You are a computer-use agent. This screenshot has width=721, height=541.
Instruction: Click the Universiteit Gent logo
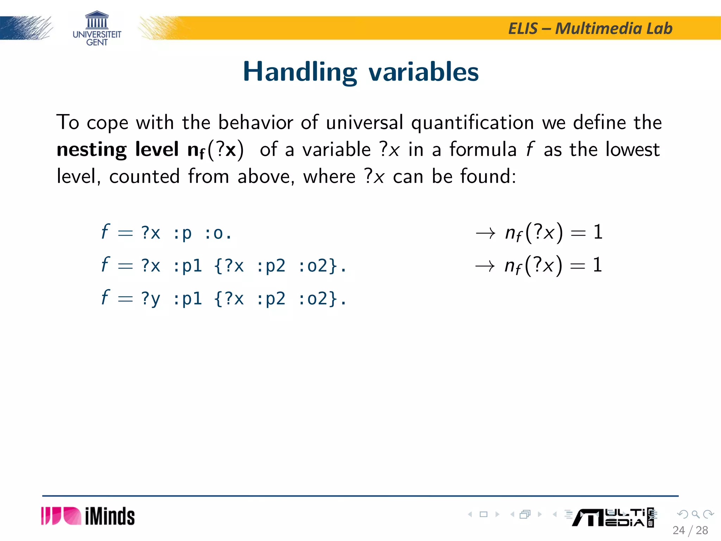[x=97, y=28]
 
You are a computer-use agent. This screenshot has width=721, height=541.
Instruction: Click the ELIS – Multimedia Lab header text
[x=590, y=29]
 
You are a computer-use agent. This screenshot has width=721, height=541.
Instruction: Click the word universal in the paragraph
[x=364, y=123]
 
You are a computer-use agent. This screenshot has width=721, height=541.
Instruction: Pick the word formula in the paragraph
[x=483, y=149]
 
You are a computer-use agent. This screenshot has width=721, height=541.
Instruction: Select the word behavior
[x=256, y=123]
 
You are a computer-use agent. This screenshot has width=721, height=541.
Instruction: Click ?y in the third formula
[x=151, y=299]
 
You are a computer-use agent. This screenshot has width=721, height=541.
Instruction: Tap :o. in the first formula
[x=218, y=233]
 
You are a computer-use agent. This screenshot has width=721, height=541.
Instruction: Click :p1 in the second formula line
[x=187, y=266]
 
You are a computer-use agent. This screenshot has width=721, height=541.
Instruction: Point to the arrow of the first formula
[x=485, y=233]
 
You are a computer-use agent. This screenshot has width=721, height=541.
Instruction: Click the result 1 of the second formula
[x=597, y=265]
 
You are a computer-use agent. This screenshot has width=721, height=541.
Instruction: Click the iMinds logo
[x=88, y=516]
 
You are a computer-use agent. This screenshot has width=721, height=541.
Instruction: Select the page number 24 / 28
[x=690, y=530]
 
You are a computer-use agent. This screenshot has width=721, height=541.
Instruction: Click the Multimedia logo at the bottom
[x=613, y=517]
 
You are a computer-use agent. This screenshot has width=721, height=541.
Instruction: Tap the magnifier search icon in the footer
[x=695, y=514]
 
